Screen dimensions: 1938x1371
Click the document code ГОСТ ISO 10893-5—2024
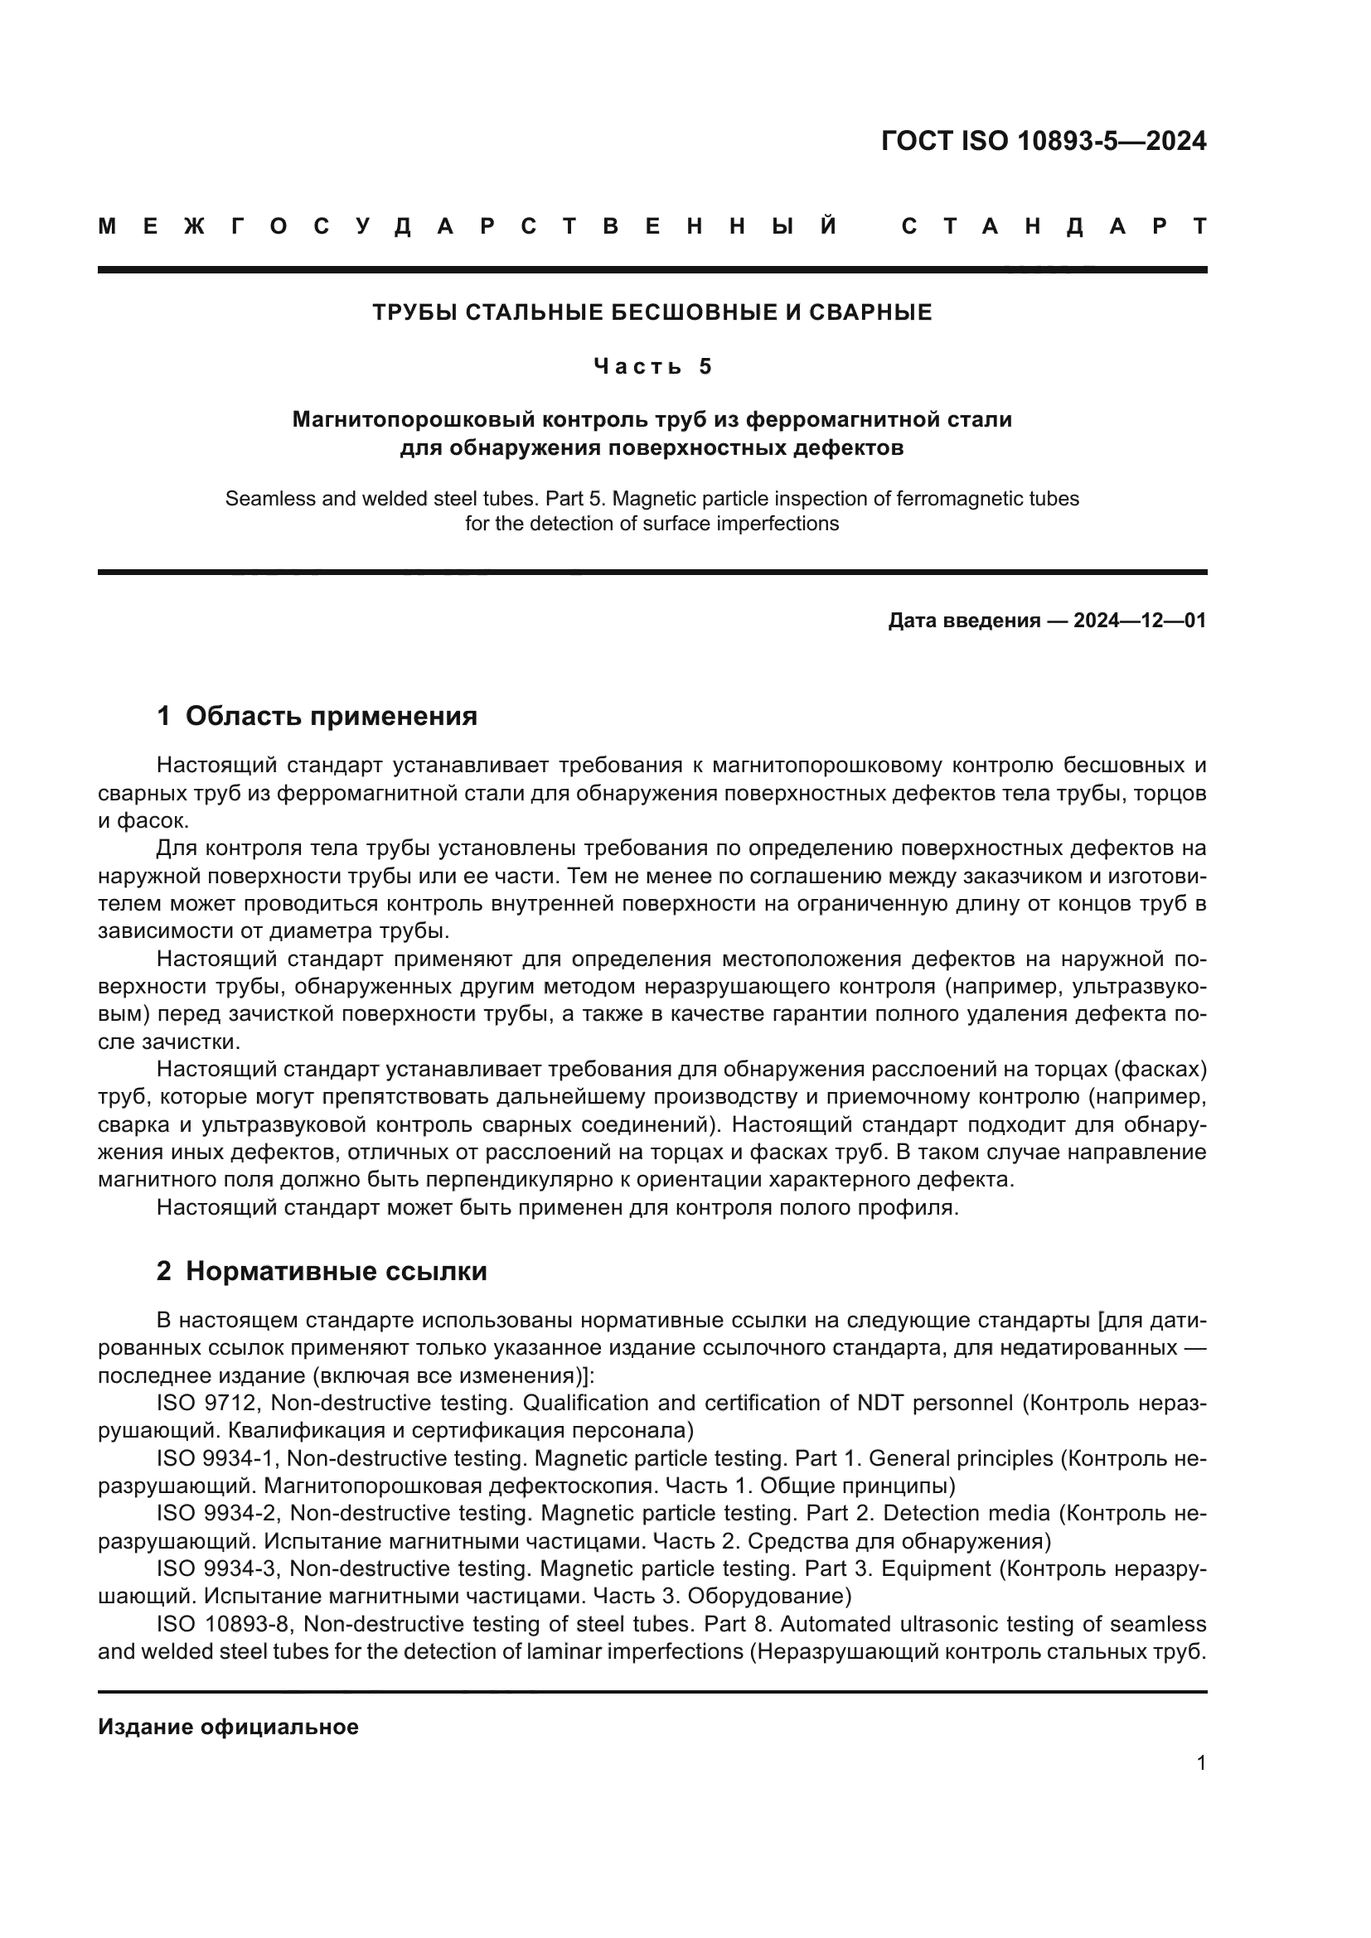click(x=1043, y=141)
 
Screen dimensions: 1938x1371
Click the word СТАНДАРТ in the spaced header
click(x=1054, y=226)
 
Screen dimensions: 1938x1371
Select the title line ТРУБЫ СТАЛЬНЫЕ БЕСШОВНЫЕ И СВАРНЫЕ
click(x=652, y=312)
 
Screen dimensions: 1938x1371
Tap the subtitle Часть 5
click(x=652, y=366)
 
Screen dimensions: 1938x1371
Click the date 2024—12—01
click(x=1139, y=621)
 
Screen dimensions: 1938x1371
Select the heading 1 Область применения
click(x=317, y=716)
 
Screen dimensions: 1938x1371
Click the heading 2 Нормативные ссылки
click(x=322, y=1271)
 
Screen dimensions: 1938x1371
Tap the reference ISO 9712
click(x=209, y=1403)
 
